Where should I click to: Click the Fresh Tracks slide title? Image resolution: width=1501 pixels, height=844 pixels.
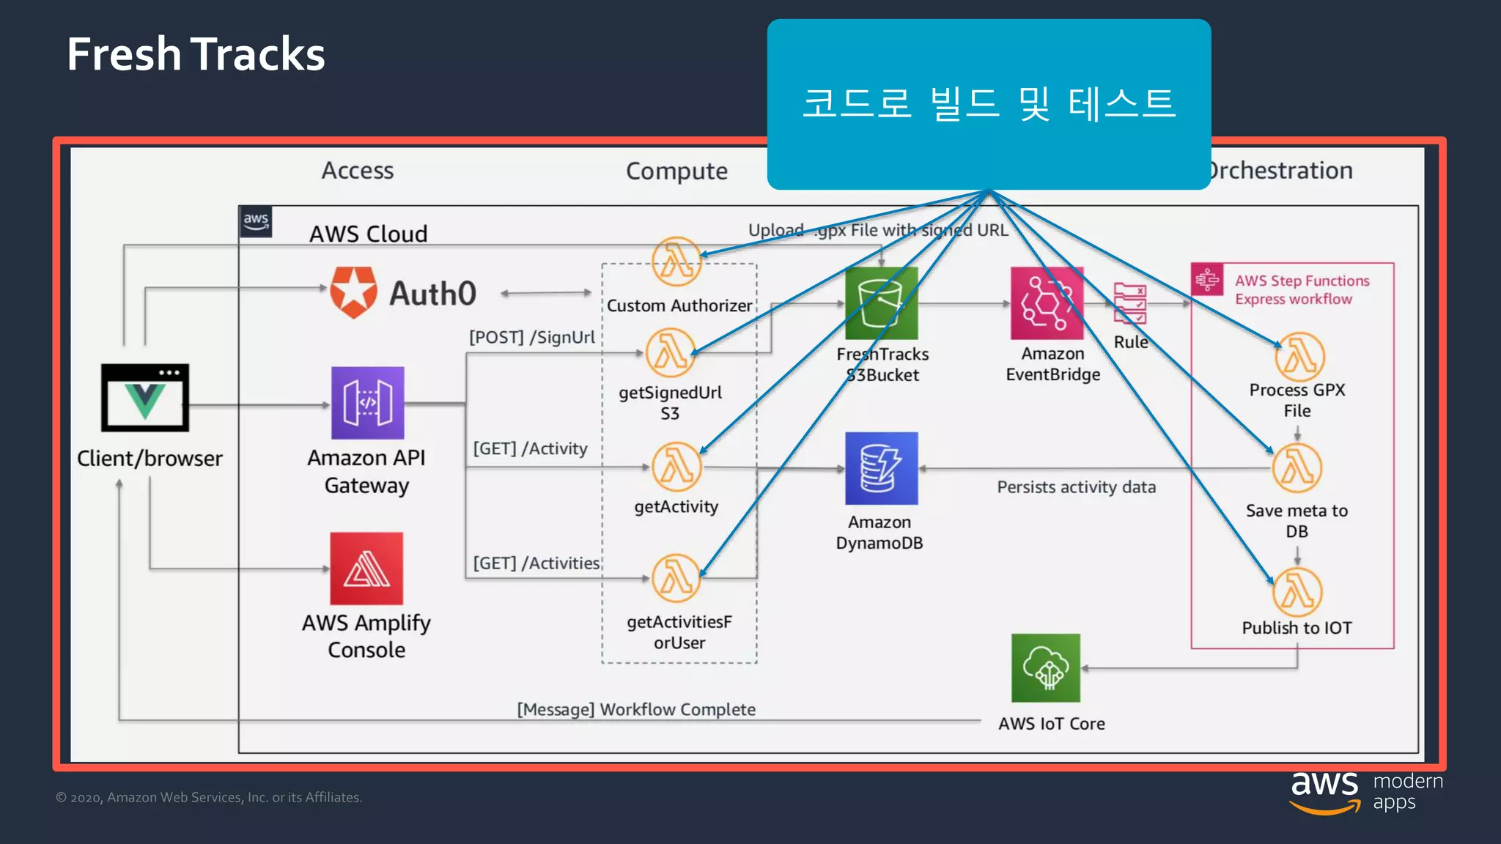[196, 54]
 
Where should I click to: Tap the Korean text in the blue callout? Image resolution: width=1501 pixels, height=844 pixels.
[989, 103]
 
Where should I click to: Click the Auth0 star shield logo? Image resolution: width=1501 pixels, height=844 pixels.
[353, 292]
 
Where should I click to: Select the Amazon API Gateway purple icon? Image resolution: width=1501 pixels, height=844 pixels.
[367, 403]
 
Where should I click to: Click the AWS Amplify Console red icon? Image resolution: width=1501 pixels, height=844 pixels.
[366, 569]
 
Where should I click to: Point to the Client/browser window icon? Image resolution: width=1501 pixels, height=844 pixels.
[145, 397]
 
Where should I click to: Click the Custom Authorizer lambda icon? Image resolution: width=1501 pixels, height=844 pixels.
[676, 262]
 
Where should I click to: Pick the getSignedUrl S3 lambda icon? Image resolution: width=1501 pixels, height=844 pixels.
[670, 352]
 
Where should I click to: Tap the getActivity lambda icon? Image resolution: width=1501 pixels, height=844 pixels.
[676, 467]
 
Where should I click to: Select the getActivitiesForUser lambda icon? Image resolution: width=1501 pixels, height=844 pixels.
[676, 578]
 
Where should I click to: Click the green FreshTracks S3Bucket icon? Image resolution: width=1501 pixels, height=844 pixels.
[881, 303]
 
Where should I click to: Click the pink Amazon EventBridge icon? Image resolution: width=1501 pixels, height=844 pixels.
[1047, 303]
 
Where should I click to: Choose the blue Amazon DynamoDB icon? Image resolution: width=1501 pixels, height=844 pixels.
[881, 468]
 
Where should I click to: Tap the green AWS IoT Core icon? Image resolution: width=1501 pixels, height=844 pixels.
[1046, 667]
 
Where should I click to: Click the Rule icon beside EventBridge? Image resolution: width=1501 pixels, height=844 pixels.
[1129, 303]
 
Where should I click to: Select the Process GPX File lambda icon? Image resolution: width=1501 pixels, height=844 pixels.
[1299, 357]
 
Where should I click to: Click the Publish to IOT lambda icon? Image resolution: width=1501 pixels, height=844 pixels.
[1297, 592]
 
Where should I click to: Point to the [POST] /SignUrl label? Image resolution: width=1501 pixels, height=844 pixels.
[532, 337]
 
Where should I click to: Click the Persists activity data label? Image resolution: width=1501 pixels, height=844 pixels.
[1076, 487]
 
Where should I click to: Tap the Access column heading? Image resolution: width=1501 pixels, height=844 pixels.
[358, 171]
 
